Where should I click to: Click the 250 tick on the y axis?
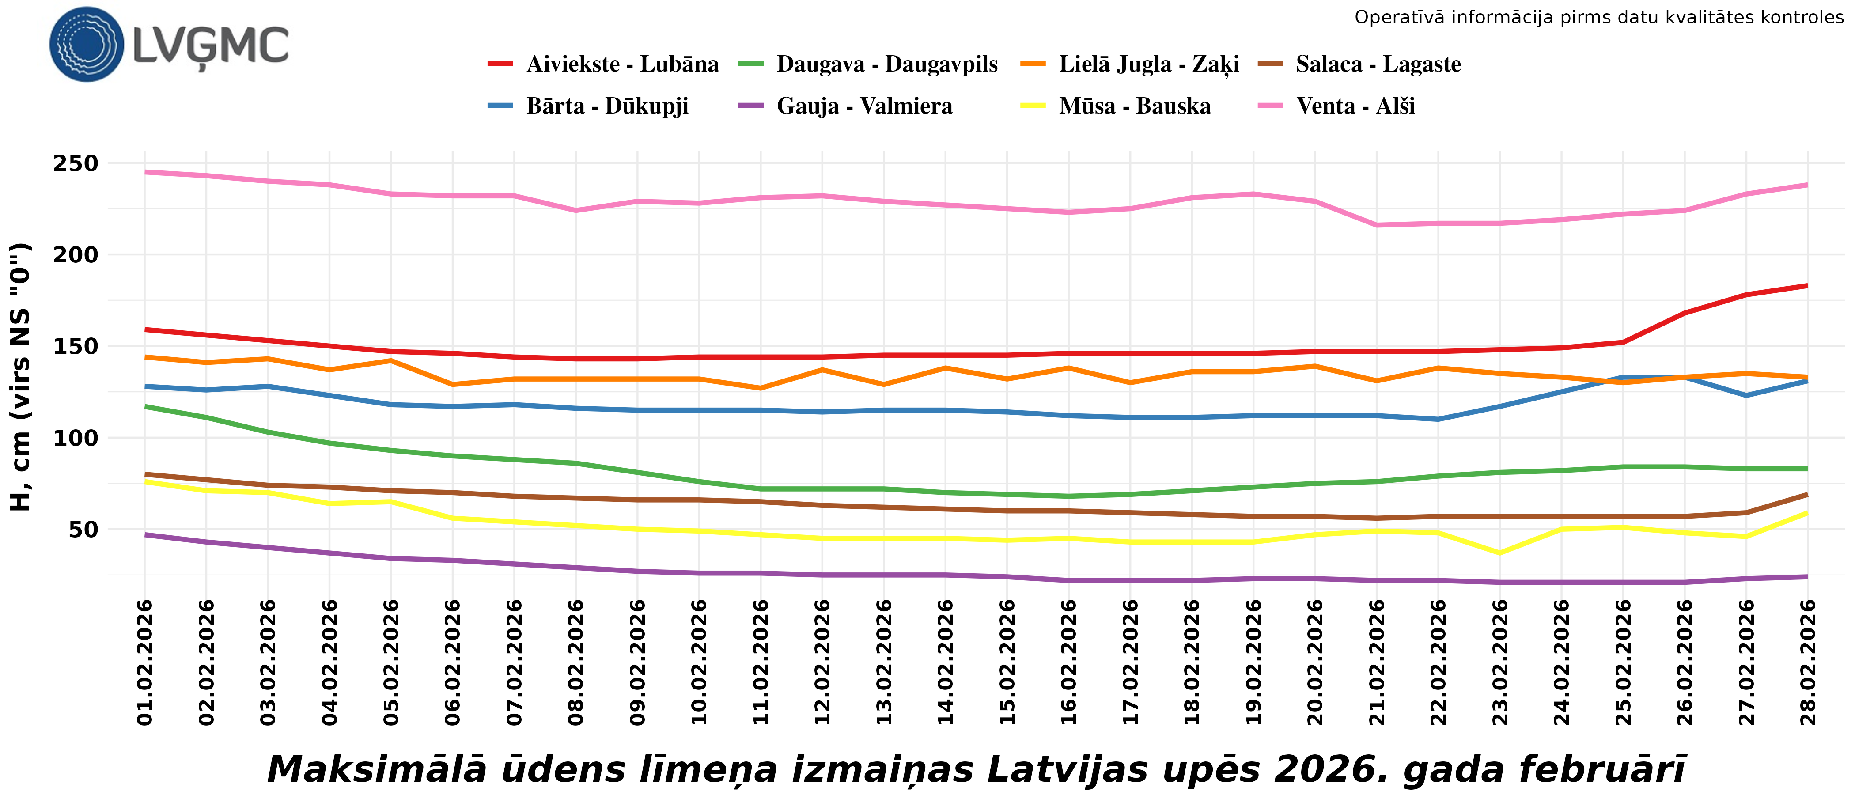pyautogui.click(x=76, y=163)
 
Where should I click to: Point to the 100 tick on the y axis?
pyautogui.click(x=76, y=438)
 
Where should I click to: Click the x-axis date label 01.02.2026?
pyautogui.click(x=145, y=662)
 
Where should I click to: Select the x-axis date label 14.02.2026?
pyautogui.click(x=946, y=662)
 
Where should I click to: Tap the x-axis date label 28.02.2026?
pyautogui.click(x=1807, y=662)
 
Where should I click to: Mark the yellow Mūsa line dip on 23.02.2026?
pyautogui.click(x=1500, y=553)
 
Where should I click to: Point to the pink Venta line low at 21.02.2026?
pyautogui.click(x=1377, y=225)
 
